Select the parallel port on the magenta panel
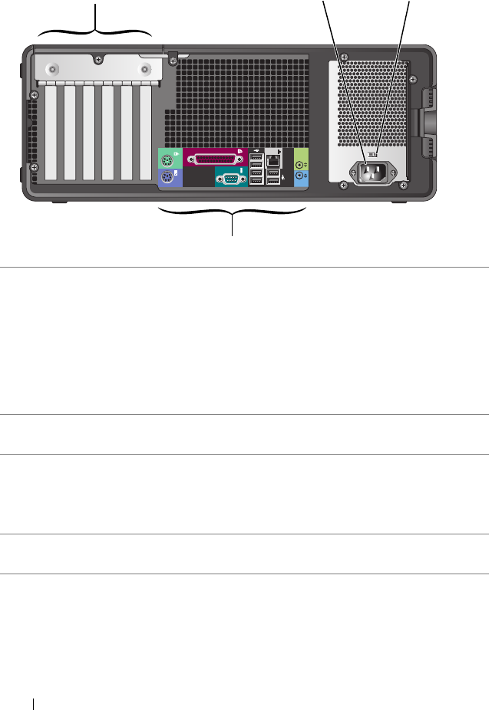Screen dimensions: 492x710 tap(215, 159)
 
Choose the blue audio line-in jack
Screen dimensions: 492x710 tap(301, 176)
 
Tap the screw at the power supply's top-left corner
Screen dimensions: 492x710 tap(342, 57)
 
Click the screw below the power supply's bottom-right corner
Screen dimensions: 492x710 tap(407, 184)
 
